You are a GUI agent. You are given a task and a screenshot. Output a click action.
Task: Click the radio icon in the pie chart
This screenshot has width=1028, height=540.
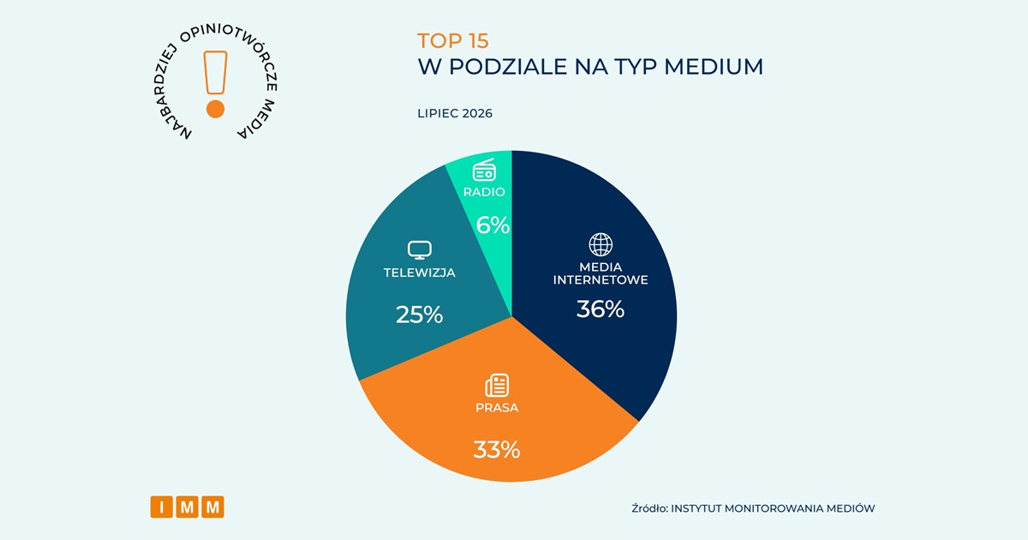484,170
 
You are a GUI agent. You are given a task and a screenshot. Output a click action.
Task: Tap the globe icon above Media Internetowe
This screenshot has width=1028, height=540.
601,245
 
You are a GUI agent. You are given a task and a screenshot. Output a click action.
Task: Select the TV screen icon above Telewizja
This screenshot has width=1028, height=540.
420,250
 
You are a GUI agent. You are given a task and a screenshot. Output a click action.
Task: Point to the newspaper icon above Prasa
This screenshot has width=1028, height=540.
497,385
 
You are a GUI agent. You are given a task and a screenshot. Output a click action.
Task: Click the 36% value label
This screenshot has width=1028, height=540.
601,309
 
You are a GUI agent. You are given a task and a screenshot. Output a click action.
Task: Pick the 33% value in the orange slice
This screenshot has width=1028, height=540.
497,449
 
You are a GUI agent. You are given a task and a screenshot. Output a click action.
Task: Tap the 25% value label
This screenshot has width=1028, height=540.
420,315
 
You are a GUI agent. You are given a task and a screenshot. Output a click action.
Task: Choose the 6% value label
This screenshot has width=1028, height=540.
493,225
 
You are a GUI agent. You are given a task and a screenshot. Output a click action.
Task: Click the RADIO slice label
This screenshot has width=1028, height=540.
484,192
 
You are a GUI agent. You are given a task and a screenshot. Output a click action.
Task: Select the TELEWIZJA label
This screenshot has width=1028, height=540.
420,273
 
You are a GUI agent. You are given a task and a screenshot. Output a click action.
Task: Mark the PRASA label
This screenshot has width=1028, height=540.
497,408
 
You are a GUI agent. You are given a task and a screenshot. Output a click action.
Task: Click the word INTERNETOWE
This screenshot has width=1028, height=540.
601,279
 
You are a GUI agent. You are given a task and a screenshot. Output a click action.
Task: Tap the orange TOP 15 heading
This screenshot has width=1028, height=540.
453,41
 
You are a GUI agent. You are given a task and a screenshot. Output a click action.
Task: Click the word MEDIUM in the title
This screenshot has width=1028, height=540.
714,67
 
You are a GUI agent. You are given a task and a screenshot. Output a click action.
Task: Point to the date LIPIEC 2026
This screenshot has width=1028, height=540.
455,113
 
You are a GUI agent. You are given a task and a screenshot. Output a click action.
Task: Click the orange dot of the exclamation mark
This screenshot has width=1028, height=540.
215,110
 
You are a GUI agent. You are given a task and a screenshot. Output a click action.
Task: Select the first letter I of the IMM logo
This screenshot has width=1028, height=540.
162,507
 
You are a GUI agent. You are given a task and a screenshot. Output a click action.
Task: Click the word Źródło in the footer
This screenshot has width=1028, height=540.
649,508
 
